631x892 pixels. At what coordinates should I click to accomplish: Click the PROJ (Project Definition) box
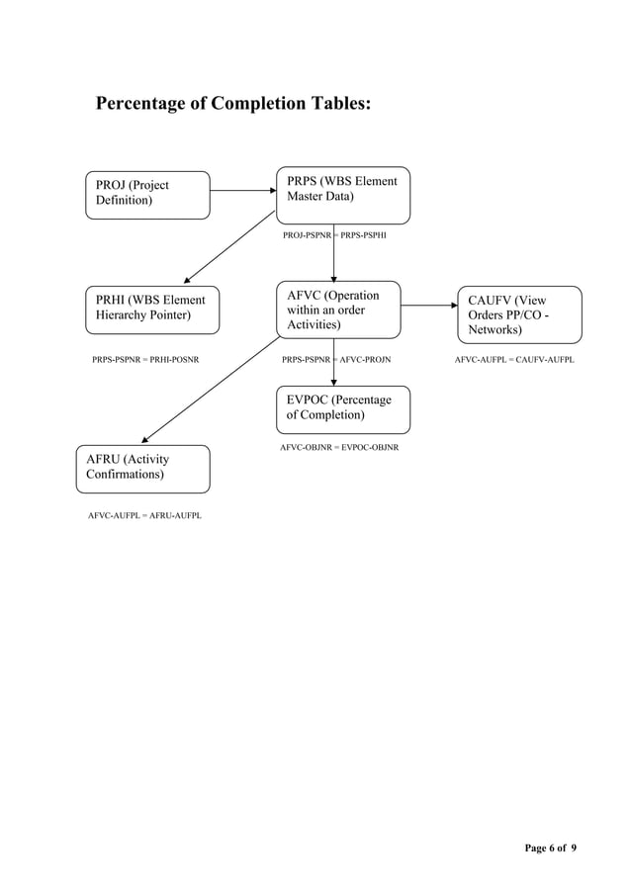point(146,194)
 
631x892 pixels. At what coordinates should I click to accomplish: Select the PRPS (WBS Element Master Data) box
point(342,195)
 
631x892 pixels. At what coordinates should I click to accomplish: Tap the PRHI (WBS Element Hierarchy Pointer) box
point(150,309)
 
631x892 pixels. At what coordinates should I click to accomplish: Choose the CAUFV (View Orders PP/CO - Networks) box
point(519,314)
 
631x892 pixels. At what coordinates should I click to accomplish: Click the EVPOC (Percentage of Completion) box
point(342,409)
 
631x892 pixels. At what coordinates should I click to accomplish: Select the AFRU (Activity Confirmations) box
point(143,468)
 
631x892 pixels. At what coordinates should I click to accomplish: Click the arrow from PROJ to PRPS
point(242,191)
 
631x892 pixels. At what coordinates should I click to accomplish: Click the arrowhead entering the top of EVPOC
point(334,381)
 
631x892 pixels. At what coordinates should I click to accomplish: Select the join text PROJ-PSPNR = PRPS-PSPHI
point(334,237)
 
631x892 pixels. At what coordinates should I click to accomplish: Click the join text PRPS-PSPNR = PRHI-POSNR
point(145,360)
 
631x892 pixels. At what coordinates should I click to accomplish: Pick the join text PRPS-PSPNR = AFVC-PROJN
point(335,360)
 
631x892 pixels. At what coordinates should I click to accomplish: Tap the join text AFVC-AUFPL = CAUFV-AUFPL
point(514,360)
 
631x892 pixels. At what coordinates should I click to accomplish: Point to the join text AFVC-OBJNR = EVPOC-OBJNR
point(339,448)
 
